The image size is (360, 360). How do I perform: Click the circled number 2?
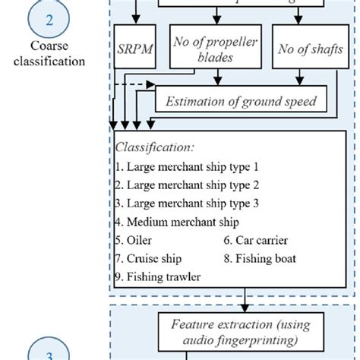click(x=49, y=21)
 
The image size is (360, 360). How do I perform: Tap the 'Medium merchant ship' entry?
click(x=178, y=223)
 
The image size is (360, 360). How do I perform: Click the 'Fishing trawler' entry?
click(x=159, y=277)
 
